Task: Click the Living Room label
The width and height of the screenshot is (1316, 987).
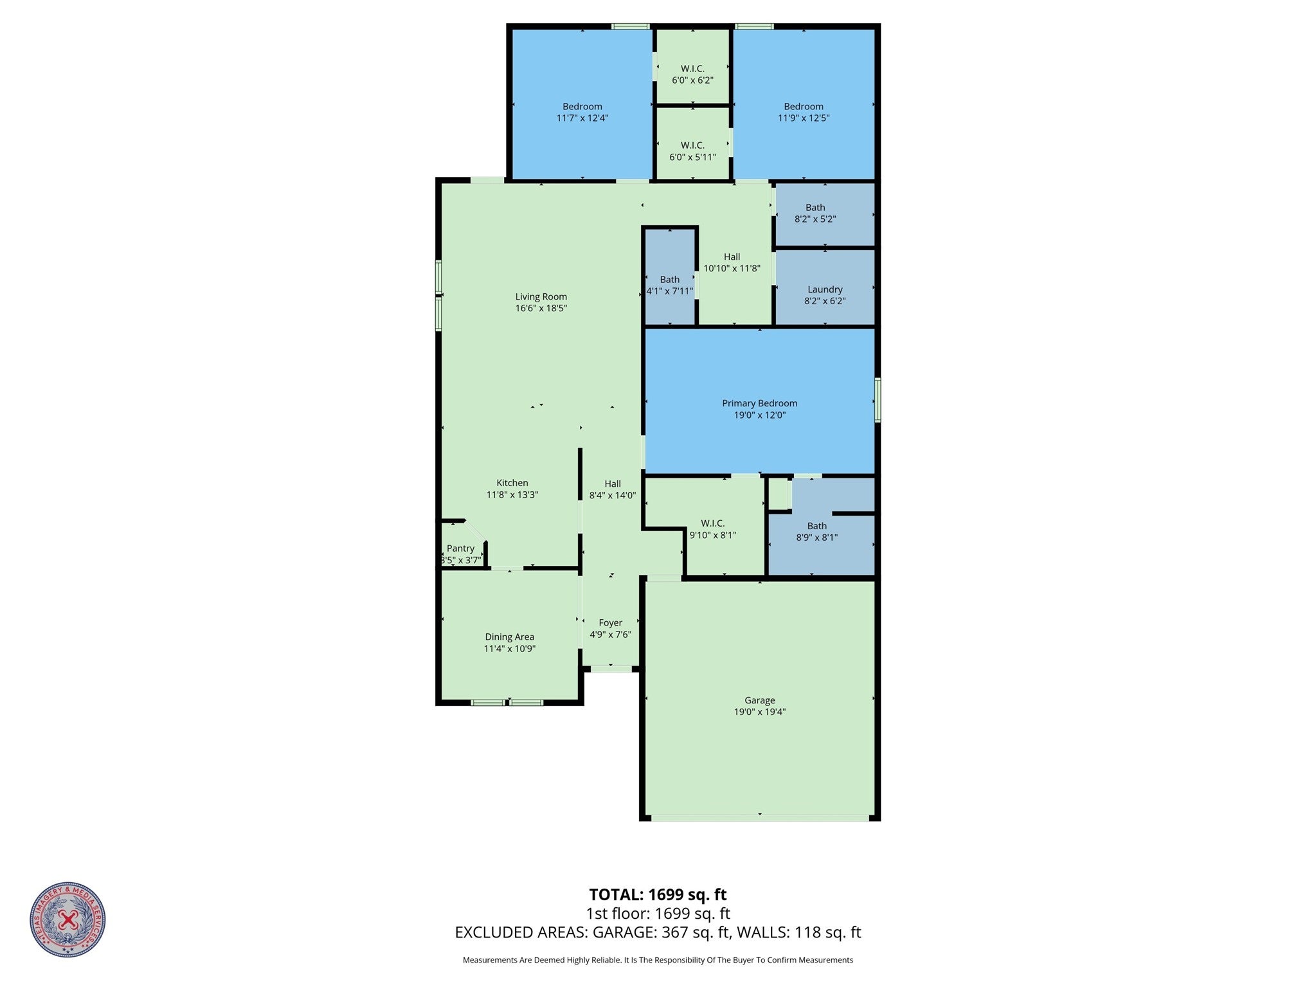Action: (x=541, y=296)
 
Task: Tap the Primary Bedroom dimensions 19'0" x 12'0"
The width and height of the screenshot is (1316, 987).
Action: (x=759, y=415)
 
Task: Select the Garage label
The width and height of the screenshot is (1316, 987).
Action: (x=759, y=700)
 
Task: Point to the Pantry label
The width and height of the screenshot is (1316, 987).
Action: (x=460, y=548)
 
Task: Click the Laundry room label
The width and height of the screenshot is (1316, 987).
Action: (x=825, y=289)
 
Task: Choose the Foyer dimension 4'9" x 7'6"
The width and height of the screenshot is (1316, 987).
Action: (x=610, y=635)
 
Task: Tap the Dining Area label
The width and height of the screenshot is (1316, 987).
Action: (x=509, y=637)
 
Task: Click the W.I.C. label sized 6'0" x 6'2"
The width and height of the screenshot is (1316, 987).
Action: (x=692, y=69)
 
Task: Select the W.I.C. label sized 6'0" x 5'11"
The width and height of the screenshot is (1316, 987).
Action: (x=692, y=145)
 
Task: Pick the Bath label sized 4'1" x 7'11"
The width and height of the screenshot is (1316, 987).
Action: (x=669, y=280)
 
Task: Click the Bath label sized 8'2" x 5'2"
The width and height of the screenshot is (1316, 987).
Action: (x=815, y=208)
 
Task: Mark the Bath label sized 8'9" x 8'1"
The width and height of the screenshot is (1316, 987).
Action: (x=816, y=526)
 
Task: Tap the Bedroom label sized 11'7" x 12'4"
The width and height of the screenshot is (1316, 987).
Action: (x=582, y=107)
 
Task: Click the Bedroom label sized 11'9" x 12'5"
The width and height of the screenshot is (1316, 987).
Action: (x=803, y=107)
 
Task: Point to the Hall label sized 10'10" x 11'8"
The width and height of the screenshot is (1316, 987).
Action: (x=732, y=257)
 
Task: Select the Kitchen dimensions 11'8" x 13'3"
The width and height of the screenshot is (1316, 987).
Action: (x=512, y=495)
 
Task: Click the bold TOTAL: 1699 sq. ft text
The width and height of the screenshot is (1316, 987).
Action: (x=658, y=894)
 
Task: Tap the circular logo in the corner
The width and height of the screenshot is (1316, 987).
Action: (x=68, y=919)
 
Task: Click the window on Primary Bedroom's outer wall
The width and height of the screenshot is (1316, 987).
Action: (x=878, y=400)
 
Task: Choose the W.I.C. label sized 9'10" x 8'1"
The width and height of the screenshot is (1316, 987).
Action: (x=712, y=523)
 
